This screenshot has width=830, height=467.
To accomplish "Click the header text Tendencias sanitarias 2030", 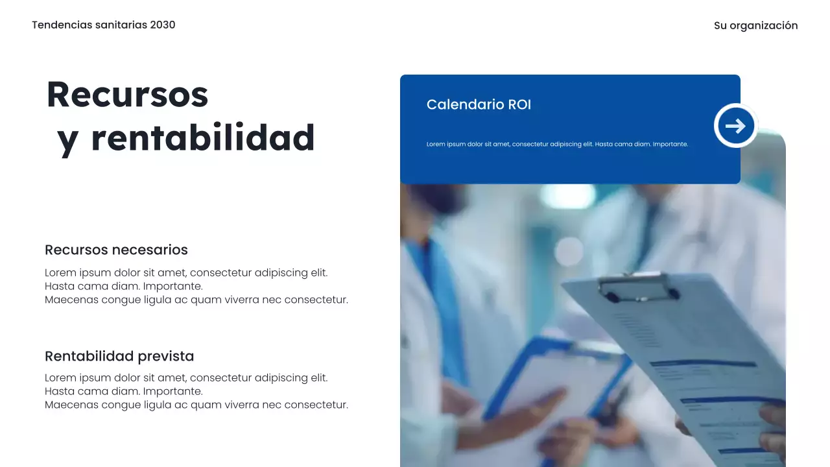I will click(x=103, y=25).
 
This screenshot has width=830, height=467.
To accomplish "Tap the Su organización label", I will click(x=755, y=25).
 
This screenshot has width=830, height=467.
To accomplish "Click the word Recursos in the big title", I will click(x=127, y=94).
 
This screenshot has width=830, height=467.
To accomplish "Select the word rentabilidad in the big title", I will click(x=202, y=138).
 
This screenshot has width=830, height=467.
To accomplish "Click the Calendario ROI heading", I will click(x=479, y=104).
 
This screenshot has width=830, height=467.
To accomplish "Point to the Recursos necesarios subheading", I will click(x=116, y=250).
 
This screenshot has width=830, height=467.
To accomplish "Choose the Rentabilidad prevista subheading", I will click(x=119, y=356).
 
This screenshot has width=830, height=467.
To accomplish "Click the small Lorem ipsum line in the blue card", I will click(x=557, y=144).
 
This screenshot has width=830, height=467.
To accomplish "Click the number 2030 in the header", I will click(x=163, y=25).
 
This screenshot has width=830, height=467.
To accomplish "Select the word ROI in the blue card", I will click(x=519, y=104).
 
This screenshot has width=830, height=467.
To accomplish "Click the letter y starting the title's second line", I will click(x=67, y=140).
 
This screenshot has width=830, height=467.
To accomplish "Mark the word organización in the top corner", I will click(x=763, y=25).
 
